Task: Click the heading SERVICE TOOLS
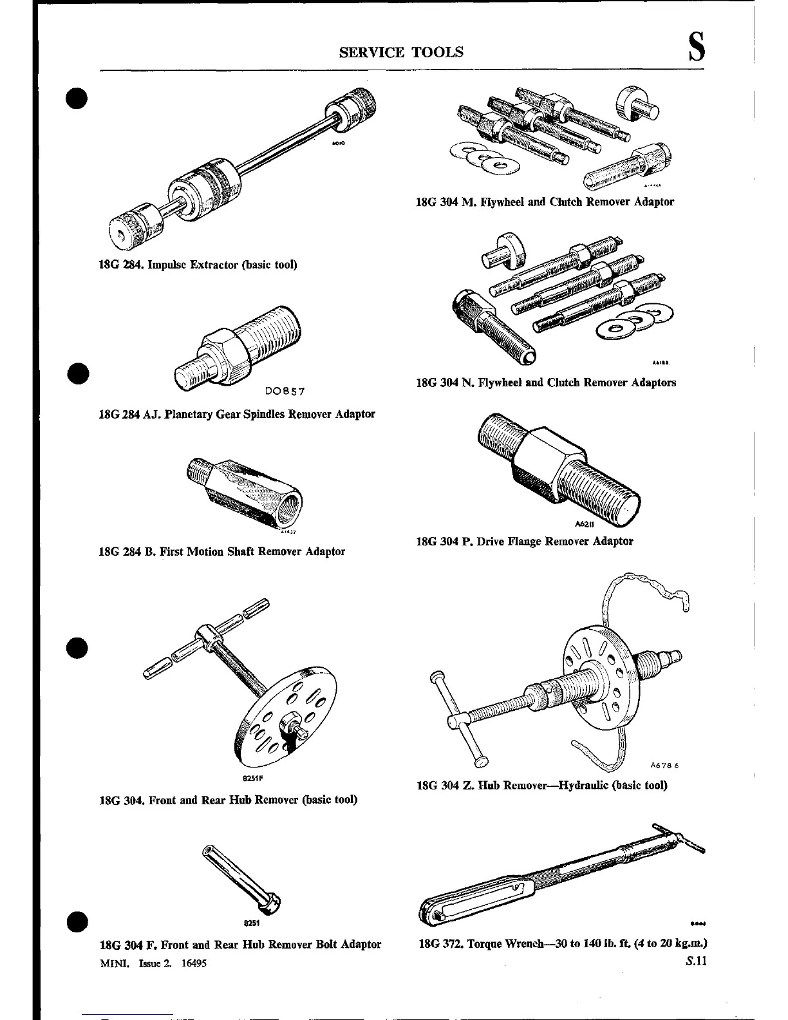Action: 400,52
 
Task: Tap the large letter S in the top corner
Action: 695,49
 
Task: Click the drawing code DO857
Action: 284,391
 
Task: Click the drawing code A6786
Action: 664,766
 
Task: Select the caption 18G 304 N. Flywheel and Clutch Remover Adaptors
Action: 546,382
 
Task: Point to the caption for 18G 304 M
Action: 545,202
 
